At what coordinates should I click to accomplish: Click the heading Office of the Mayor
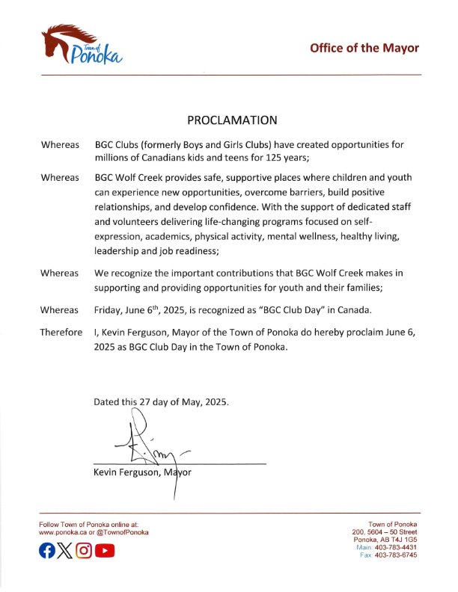click(x=364, y=48)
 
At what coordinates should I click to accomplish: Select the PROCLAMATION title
click(x=231, y=120)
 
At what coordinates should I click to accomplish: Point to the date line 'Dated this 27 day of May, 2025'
click(x=161, y=401)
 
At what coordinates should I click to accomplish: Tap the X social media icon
click(x=66, y=552)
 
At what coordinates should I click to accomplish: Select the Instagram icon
click(x=85, y=552)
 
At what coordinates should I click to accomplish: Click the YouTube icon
click(x=105, y=552)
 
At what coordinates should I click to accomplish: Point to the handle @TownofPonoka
click(x=122, y=532)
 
